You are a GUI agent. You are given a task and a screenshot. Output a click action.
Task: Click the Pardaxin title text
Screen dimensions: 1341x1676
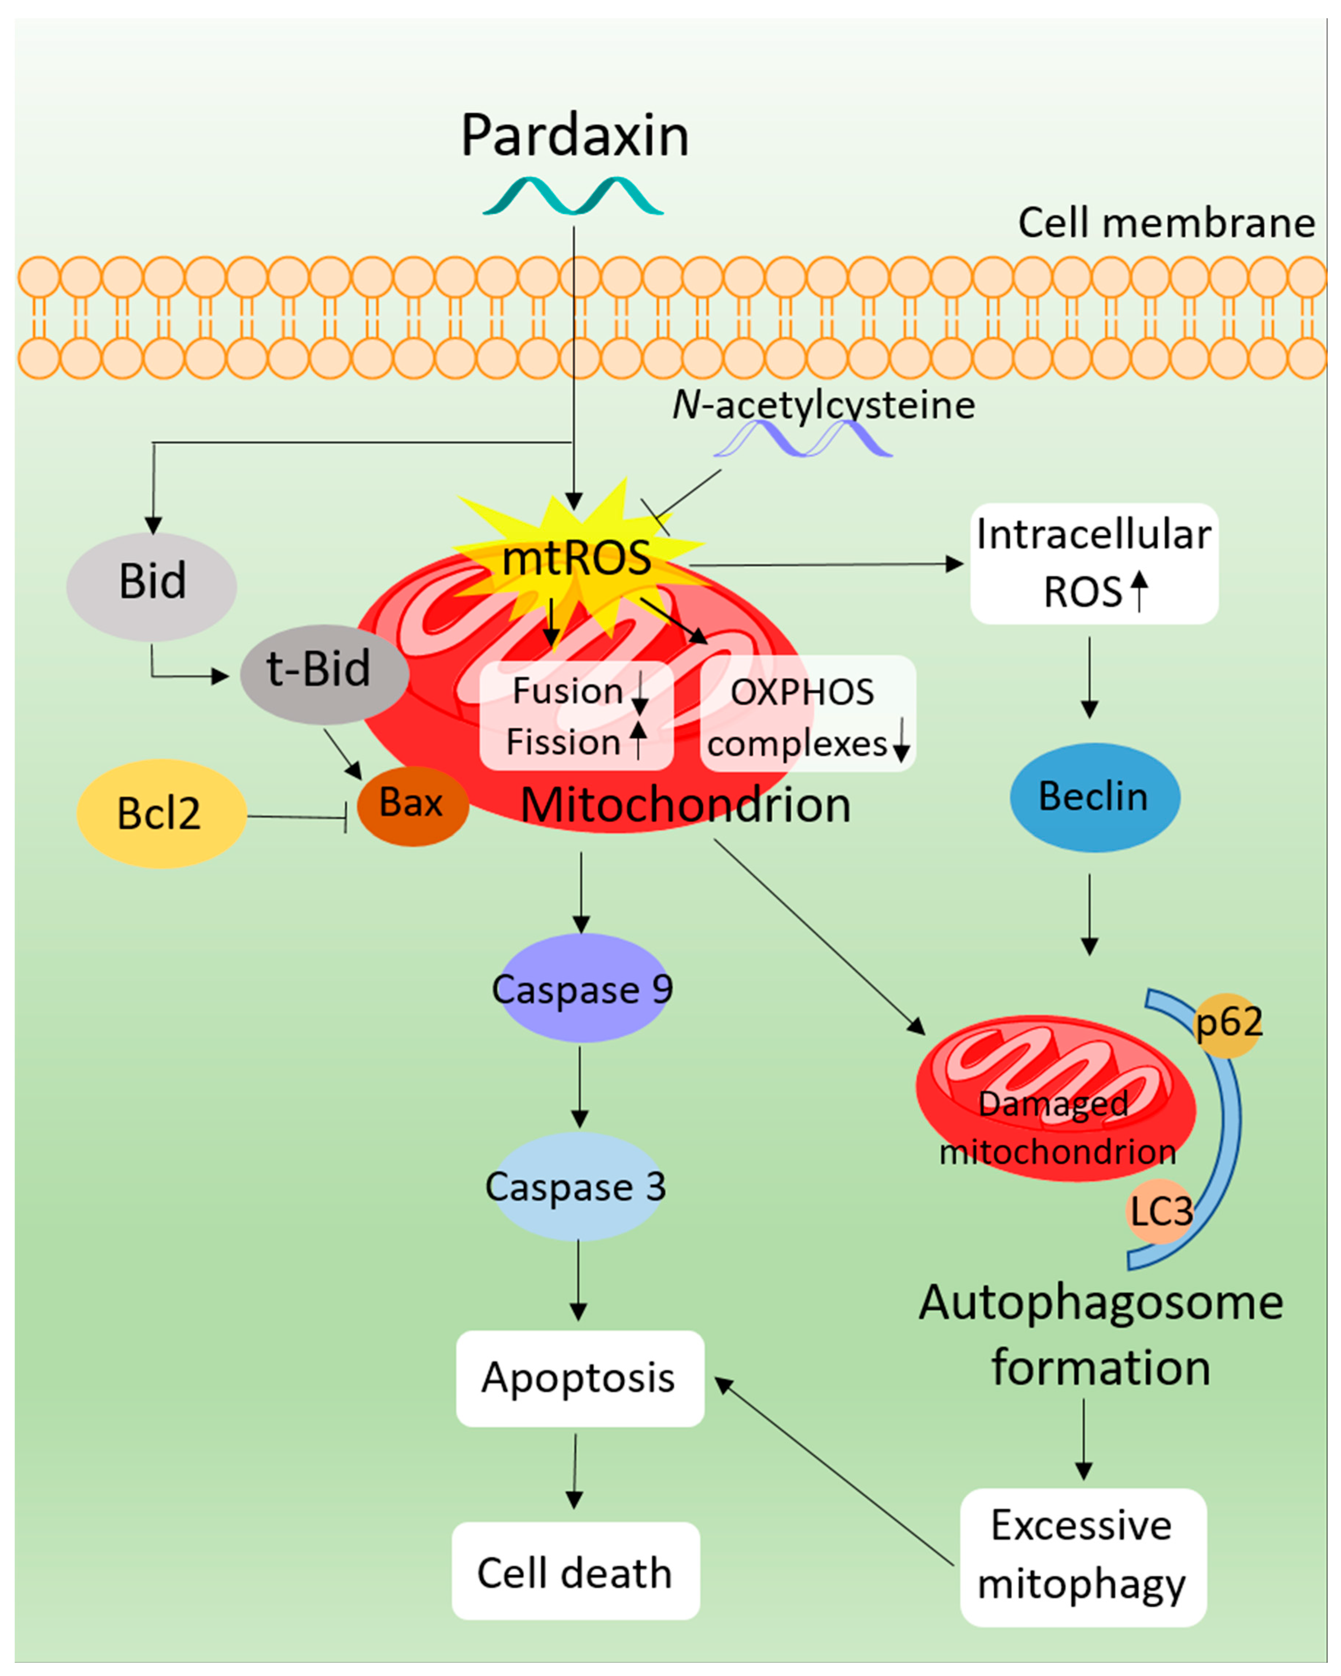(x=575, y=136)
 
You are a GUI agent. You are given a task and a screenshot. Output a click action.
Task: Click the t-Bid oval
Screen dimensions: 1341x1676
(x=324, y=673)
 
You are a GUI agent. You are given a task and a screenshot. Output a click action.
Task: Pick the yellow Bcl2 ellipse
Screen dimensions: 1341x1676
(x=161, y=813)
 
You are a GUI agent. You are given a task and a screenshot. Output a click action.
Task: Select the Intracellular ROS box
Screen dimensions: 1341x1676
(x=1094, y=564)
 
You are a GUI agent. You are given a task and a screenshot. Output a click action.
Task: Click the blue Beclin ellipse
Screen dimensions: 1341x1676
(x=1094, y=797)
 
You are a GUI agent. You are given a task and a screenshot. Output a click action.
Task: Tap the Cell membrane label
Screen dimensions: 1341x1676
(x=1166, y=223)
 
